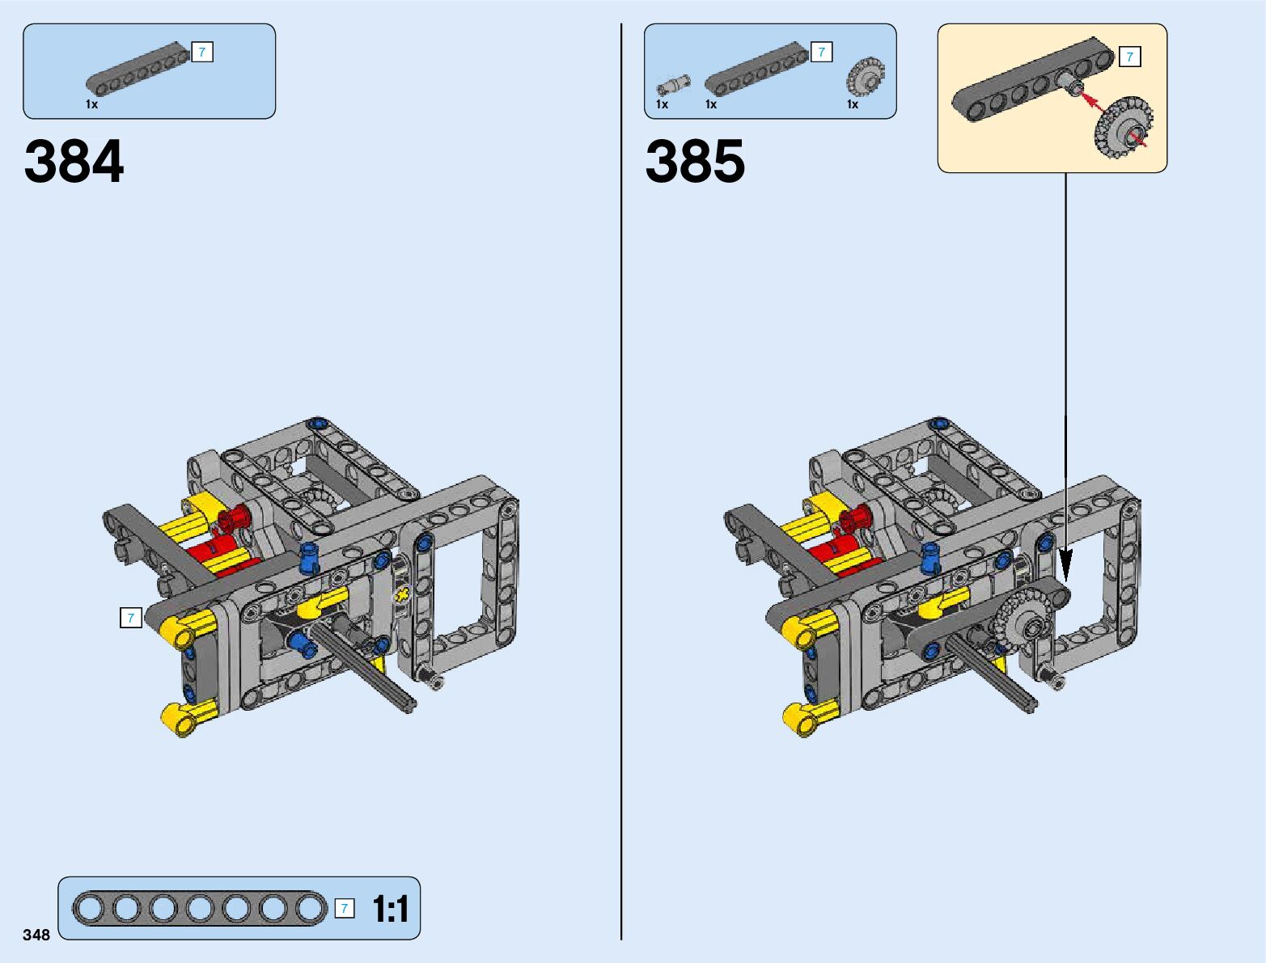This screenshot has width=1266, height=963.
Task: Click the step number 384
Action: point(74,161)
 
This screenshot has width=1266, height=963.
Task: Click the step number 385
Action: point(695,161)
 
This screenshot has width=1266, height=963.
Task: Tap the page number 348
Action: point(36,935)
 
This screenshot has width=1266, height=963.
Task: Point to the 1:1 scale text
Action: point(391,910)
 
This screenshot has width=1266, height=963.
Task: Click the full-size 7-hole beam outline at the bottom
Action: point(200,909)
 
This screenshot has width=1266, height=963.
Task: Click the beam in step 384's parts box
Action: point(138,68)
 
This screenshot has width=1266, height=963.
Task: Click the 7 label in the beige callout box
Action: point(1130,57)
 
